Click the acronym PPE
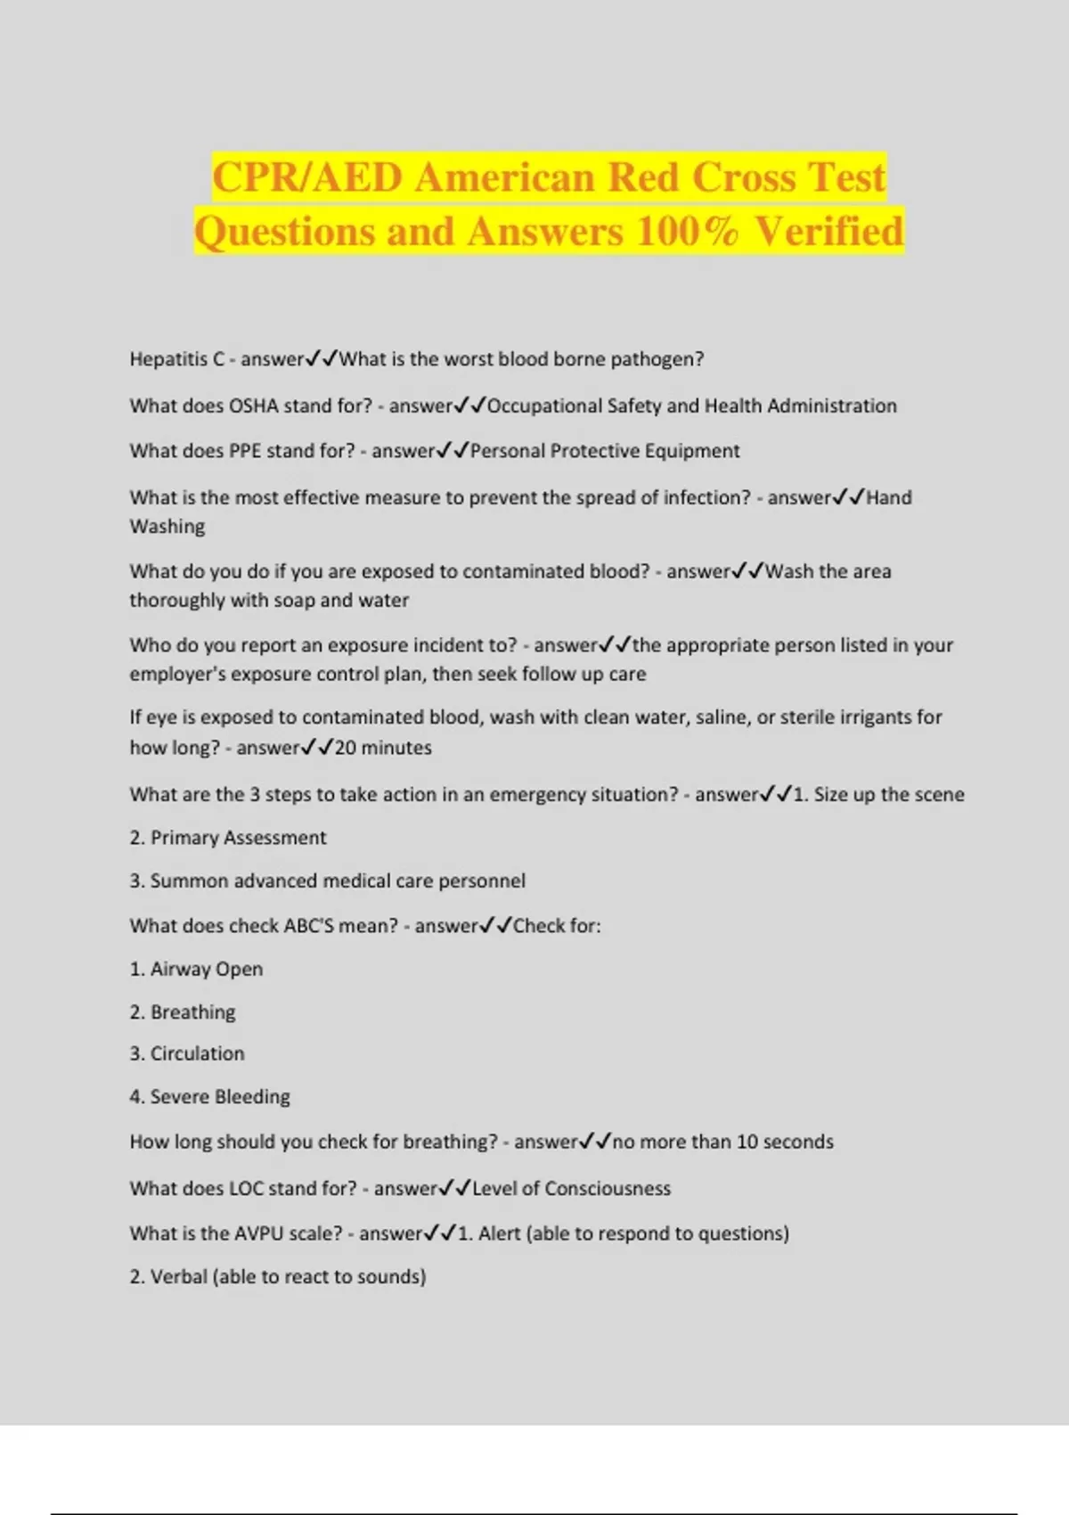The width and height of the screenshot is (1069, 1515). (x=245, y=451)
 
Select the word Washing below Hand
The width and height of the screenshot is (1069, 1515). (x=167, y=527)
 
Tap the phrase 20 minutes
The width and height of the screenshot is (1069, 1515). (x=383, y=748)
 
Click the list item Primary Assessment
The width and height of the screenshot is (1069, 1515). (x=238, y=838)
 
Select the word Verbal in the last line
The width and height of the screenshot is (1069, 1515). (x=178, y=1277)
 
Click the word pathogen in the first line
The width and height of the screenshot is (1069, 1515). (x=657, y=359)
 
